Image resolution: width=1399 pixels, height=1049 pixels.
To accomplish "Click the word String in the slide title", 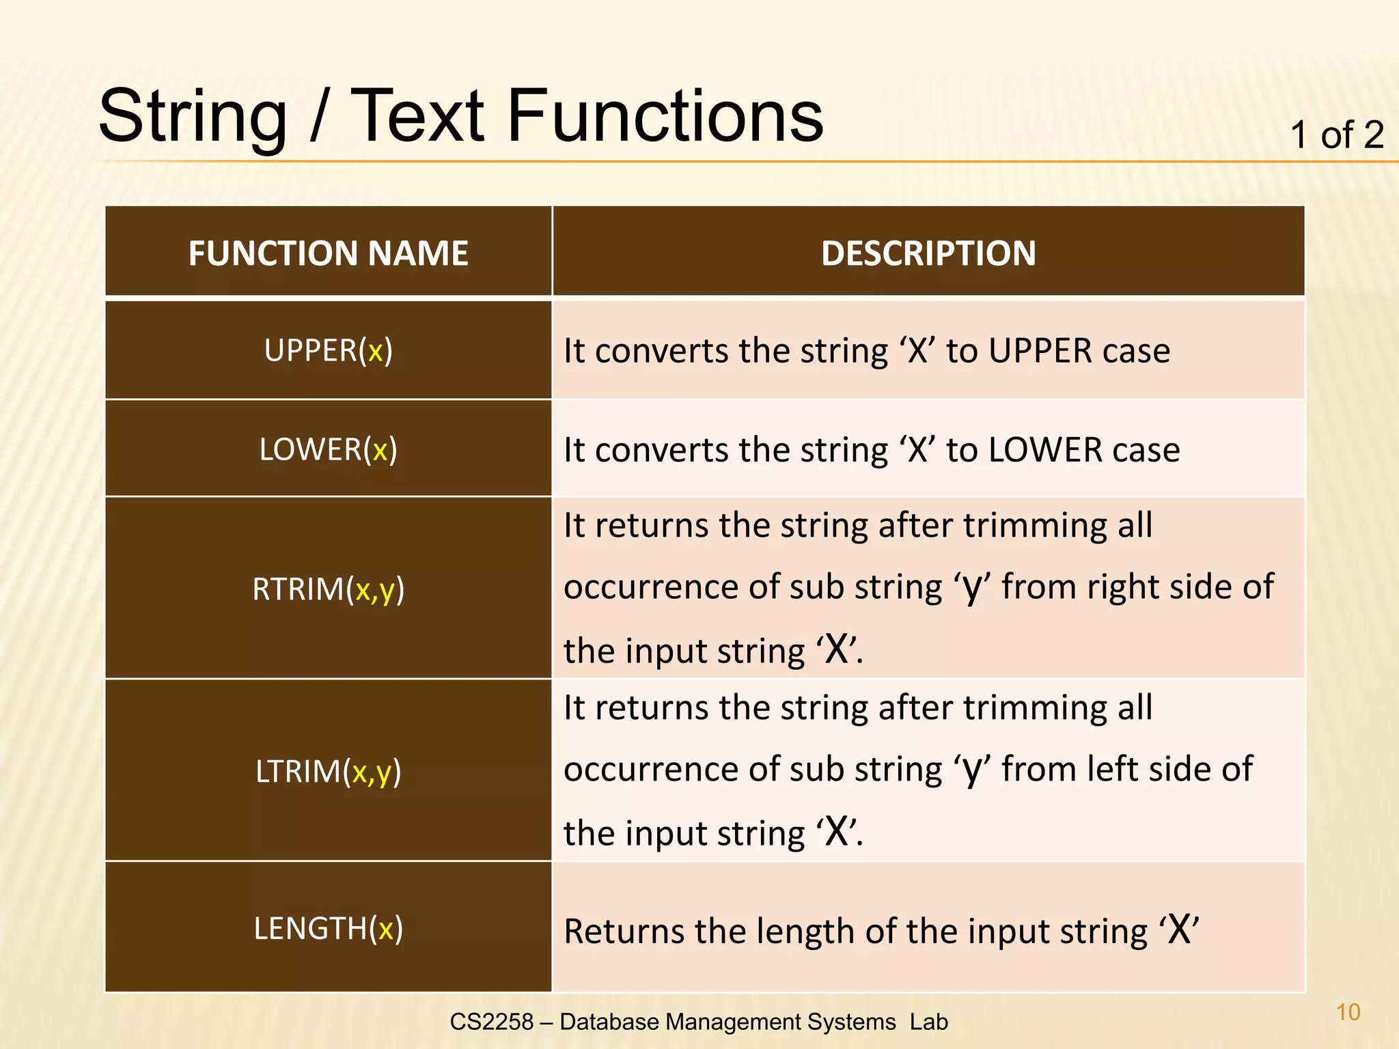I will tap(193, 117).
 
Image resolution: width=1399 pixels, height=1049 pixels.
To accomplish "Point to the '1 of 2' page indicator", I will tap(1336, 135).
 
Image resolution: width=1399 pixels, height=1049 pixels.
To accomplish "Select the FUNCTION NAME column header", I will tap(328, 253).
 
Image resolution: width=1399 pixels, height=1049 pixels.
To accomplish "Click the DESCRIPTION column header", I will tap(928, 253).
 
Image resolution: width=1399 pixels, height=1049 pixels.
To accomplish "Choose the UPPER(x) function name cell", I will tap(328, 350).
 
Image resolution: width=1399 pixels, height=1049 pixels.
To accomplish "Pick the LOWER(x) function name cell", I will tap(328, 449).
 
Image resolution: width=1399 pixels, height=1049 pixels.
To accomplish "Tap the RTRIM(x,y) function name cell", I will tap(328, 589).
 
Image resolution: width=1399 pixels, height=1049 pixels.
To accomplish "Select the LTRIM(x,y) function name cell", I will tap(328, 771).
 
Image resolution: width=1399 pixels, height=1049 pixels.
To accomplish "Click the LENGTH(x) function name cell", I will tap(328, 928).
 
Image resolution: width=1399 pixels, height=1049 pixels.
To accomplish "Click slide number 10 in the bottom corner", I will tap(1348, 1011).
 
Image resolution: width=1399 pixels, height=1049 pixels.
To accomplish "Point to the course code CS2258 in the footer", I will tap(491, 1022).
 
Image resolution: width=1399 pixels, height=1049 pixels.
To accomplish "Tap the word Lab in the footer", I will tap(928, 1022).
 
